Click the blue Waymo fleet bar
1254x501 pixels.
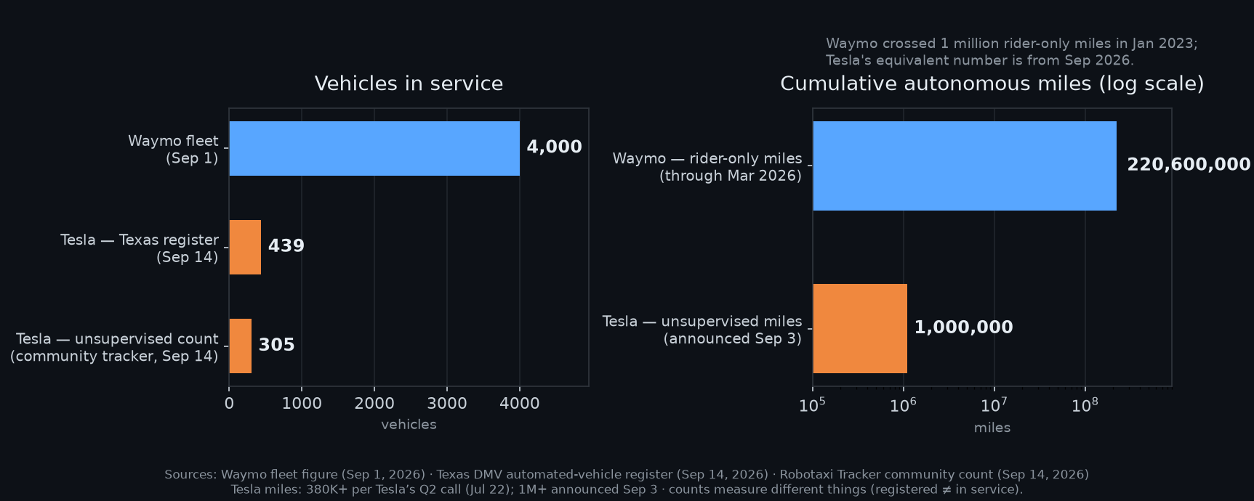[x=374, y=148]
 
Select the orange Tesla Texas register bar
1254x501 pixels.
[x=245, y=247]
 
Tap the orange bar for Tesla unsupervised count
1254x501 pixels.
[x=241, y=346]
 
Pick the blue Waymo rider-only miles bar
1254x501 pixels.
[x=965, y=166]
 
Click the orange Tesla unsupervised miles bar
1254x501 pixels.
[x=860, y=328]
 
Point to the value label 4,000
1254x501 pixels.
[x=554, y=147]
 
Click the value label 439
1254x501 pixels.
[x=286, y=245]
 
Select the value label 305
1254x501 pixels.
[x=277, y=344]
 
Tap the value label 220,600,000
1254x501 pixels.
[x=1189, y=164]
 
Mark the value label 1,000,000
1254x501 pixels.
[x=963, y=327]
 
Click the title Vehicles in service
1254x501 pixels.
[x=409, y=83]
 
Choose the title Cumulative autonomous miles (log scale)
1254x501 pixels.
[x=992, y=83]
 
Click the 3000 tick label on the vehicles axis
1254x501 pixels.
[x=447, y=404]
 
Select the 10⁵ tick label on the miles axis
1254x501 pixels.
[x=812, y=404]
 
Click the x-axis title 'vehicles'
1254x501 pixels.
[x=409, y=424]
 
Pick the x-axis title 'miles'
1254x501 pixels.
[x=992, y=428]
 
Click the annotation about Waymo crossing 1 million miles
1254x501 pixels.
[x=1012, y=52]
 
